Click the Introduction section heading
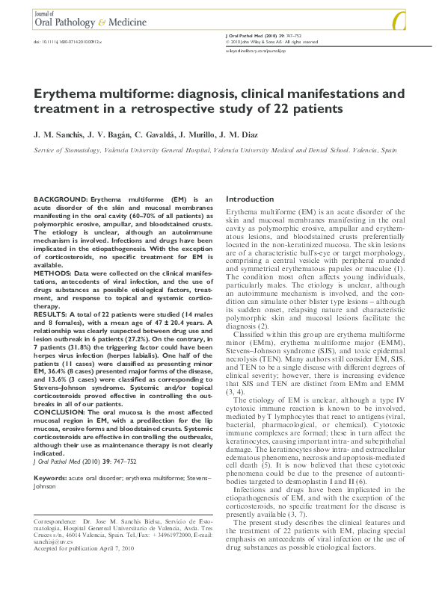coord(250,200)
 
